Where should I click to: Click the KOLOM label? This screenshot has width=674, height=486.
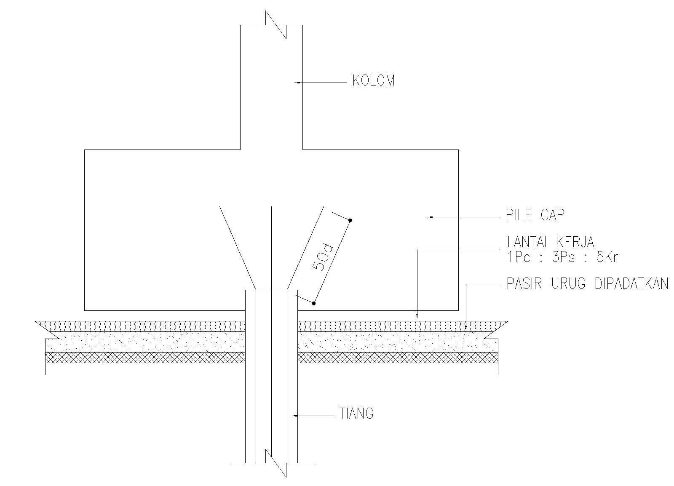373,81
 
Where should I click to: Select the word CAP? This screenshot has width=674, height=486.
552,215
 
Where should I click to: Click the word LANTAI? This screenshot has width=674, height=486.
529,242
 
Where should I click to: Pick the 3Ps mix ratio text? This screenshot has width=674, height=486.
563,257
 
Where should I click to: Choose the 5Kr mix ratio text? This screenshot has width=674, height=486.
607,257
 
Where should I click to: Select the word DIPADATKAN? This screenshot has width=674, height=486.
631,284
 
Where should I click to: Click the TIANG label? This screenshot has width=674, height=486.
356,414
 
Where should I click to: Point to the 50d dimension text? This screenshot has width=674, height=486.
323,257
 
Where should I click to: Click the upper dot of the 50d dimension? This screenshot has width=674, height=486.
350,220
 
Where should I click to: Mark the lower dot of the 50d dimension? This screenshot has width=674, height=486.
314,303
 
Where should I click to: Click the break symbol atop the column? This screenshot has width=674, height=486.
276,25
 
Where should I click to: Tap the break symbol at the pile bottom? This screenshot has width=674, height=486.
276,463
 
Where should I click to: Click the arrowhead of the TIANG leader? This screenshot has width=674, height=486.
295,416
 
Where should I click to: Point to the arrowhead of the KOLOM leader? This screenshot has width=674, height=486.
297,83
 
